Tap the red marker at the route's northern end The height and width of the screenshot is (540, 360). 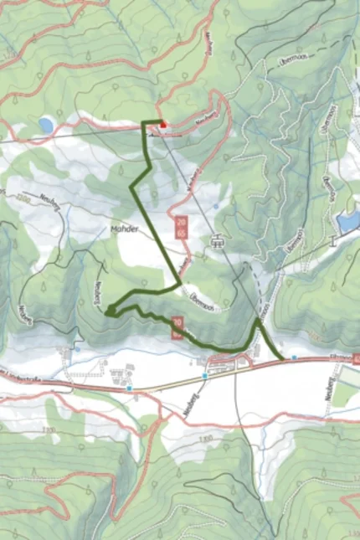tap(163, 126)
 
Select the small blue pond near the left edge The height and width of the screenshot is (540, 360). tap(45, 126)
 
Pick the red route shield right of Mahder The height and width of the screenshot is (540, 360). tap(181, 225)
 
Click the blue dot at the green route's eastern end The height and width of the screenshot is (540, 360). tap(294, 357)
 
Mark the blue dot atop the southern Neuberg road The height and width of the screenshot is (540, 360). tap(203, 377)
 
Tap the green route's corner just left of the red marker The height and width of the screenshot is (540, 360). tap(144, 123)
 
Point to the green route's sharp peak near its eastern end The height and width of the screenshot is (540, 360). tap(256, 319)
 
